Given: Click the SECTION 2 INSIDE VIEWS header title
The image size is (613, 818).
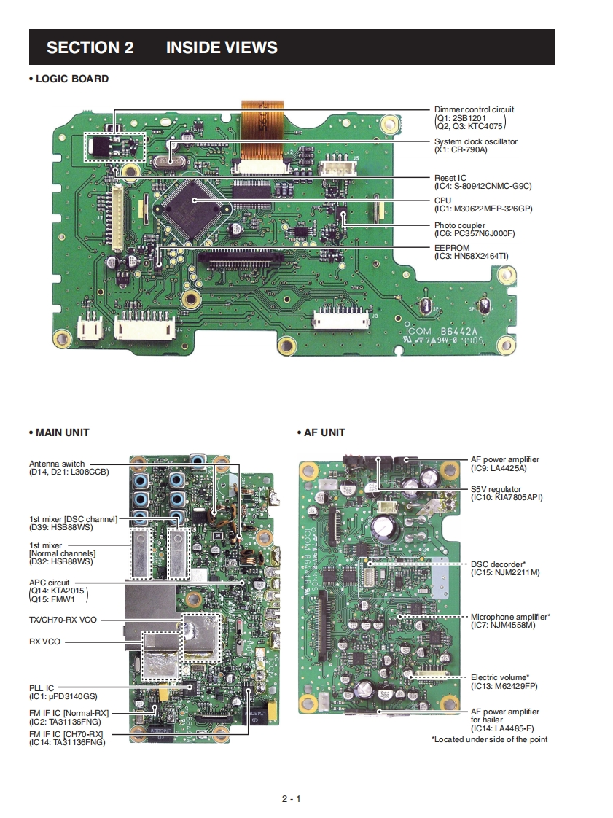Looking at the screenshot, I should coord(162,48).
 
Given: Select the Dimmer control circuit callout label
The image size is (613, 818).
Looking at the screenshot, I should coord(474,109).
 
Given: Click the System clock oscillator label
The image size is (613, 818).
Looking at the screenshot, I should coord(475,141).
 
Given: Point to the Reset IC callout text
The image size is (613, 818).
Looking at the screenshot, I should coord(450,178).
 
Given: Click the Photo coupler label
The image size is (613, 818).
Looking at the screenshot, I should coord(459,225).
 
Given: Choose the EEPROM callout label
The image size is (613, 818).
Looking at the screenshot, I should coord(452,248).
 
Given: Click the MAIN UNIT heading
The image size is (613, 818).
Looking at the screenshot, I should coord(62,432).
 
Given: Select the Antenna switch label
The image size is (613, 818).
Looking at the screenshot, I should coord(57,464).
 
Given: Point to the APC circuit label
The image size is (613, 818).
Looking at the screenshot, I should coord(50,583).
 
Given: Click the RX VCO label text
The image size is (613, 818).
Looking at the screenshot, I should coord(44,642).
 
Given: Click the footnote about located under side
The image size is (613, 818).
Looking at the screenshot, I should coord(489,739).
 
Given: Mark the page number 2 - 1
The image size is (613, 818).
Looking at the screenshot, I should coord(292,798).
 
